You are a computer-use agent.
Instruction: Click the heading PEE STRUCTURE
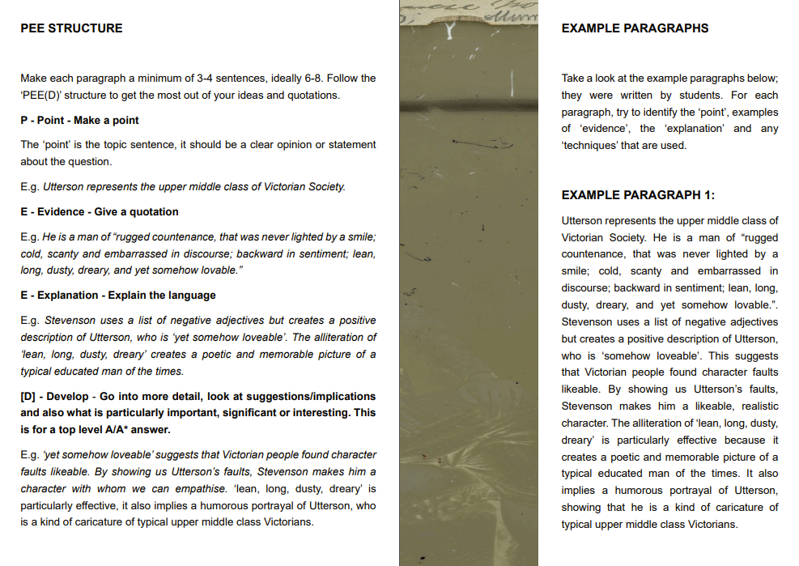point(71,28)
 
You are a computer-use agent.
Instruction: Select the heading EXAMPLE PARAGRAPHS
point(635,28)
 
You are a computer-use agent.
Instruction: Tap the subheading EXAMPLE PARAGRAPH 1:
point(638,195)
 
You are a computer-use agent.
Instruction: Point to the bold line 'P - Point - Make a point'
point(79,120)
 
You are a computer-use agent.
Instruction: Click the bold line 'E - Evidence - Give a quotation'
point(100,211)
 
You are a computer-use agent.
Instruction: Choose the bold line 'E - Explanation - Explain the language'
point(118,295)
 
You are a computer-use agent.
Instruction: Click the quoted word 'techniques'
point(589,146)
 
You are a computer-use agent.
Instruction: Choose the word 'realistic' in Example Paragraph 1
point(753,406)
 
